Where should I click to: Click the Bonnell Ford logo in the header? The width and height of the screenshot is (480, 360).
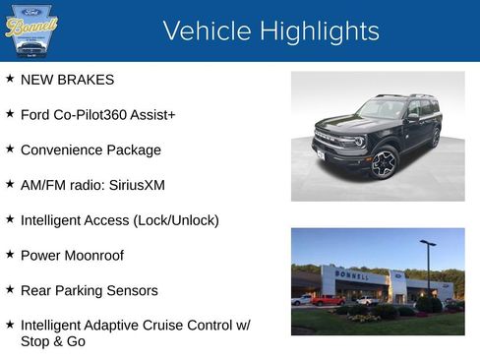pos(31,29)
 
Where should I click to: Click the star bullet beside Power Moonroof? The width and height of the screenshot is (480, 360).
pos(10,254)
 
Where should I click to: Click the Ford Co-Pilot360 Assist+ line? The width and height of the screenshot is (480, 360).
pos(97,115)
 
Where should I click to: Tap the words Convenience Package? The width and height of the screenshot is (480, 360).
pos(90,150)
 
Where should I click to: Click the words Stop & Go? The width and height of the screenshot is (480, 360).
pos(52,342)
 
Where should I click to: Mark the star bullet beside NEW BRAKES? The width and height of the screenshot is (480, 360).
pos(10,79)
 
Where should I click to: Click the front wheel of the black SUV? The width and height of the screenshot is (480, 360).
pos(383,162)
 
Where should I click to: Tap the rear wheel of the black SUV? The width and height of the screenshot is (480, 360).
pos(435,138)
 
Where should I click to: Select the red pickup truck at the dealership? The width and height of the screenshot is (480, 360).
pos(328,300)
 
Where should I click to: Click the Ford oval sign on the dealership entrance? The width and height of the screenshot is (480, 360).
pos(397,276)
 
